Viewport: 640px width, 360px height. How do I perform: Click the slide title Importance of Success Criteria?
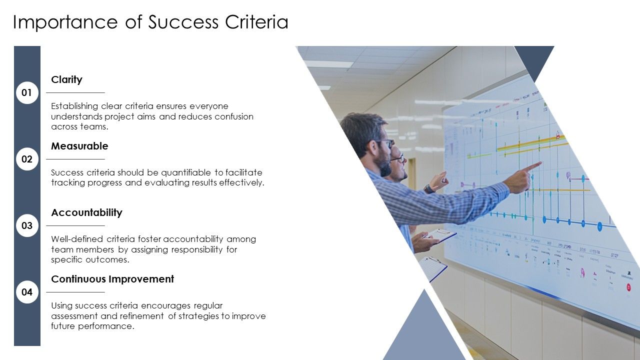[150, 22]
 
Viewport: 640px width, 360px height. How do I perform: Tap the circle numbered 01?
[27, 92]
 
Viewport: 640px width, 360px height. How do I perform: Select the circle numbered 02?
[27, 159]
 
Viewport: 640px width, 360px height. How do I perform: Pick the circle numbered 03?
[27, 225]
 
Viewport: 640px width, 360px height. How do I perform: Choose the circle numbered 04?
[27, 292]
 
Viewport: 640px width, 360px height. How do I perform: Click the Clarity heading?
[66, 79]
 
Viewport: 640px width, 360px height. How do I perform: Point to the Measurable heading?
[79, 146]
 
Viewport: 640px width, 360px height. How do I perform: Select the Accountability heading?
[86, 212]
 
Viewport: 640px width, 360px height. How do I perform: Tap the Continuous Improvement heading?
[112, 279]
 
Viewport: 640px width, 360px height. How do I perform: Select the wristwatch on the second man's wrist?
[428, 188]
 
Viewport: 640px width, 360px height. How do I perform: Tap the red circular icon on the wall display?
[628, 287]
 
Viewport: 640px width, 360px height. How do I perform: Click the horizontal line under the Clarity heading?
[75, 92]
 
